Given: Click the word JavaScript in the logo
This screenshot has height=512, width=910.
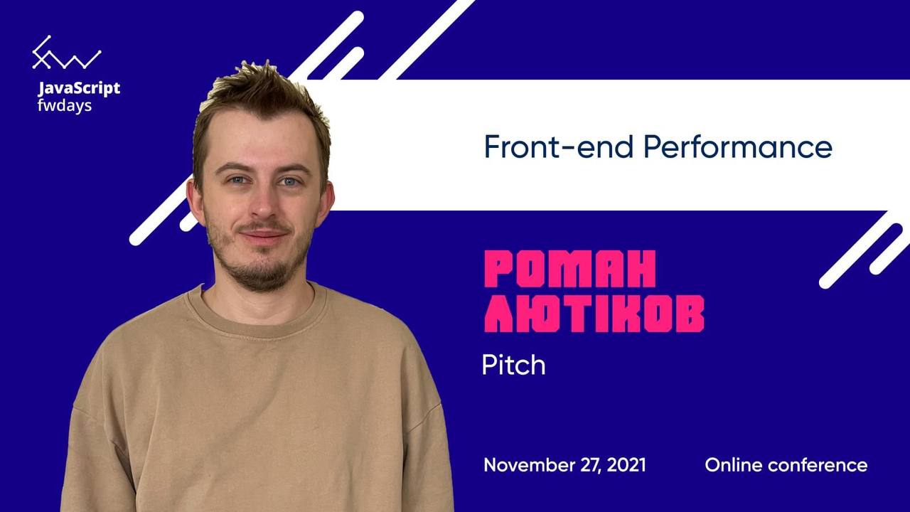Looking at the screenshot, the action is point(79,89).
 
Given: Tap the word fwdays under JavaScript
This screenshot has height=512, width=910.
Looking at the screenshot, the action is point(65,106).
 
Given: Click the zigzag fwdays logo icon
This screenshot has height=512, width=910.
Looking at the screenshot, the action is point(67,53).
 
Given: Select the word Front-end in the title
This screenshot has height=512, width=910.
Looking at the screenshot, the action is point(559,146).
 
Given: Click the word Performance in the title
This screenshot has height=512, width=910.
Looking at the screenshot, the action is point(738,146).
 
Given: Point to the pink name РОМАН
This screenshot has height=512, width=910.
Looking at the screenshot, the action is point(570,269).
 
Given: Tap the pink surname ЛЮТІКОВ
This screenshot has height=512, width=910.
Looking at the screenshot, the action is point(594,314).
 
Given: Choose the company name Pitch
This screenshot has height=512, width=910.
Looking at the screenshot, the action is point(513,365).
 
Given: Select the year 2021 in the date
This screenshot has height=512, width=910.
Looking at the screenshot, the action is point(626,465).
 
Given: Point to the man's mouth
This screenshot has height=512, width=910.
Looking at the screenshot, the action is point(264,235).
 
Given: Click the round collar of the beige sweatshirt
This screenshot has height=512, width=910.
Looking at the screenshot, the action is point(260,321).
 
